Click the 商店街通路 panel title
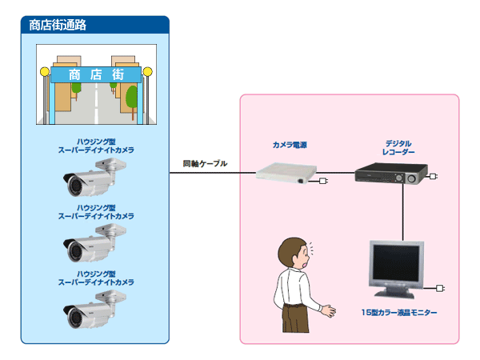58,25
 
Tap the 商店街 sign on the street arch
96,74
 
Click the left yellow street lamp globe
45,72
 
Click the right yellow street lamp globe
147,72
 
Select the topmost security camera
94,177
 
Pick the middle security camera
94,242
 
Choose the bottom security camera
94,309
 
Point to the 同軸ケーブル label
205,164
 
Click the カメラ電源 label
290,145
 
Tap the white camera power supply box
286,173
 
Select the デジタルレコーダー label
398,147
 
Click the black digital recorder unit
391,174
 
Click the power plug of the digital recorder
434,176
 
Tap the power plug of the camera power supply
323,181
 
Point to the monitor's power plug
440,288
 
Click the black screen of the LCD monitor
396,263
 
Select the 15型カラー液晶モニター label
399,313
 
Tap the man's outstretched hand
329,310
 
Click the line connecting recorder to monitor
403,212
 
